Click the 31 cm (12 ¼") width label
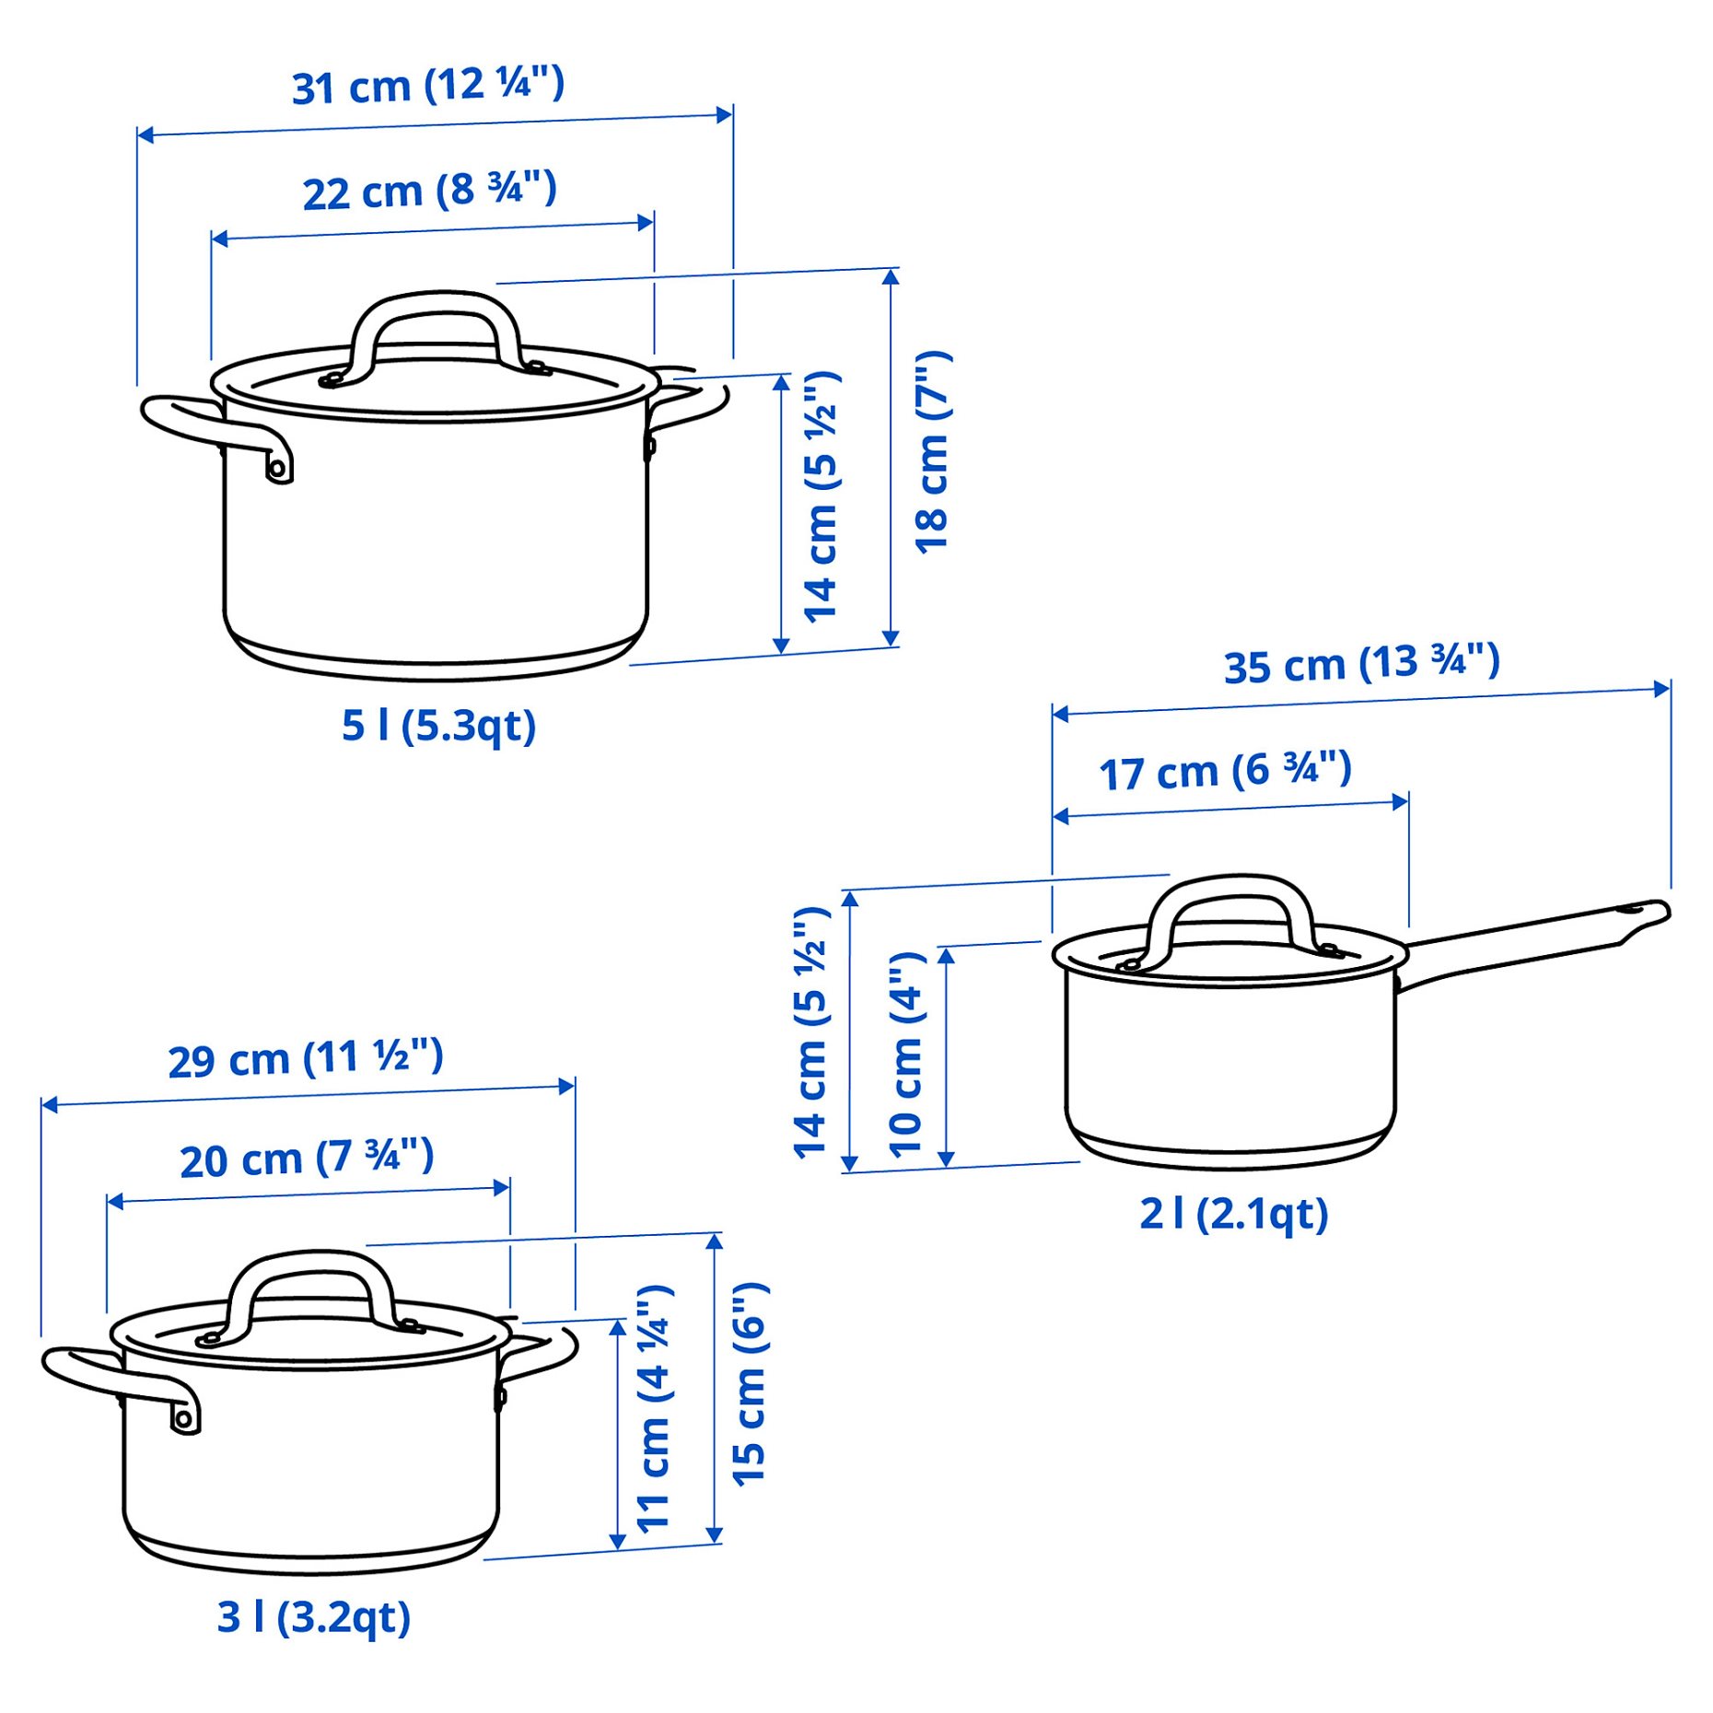[427, 87]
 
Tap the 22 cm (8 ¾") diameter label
[429, 192]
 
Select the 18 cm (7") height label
[932, 452]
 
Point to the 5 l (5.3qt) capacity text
[438, 726]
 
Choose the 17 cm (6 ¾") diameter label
[1225, 771]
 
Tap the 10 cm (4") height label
[906, 1054]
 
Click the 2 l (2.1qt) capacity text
[1233, 1214]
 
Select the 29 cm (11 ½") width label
[306, 1059]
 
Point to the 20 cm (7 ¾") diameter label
[307, 1159]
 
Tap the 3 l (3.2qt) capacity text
[313, 1617]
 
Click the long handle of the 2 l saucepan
[1529, 939]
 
